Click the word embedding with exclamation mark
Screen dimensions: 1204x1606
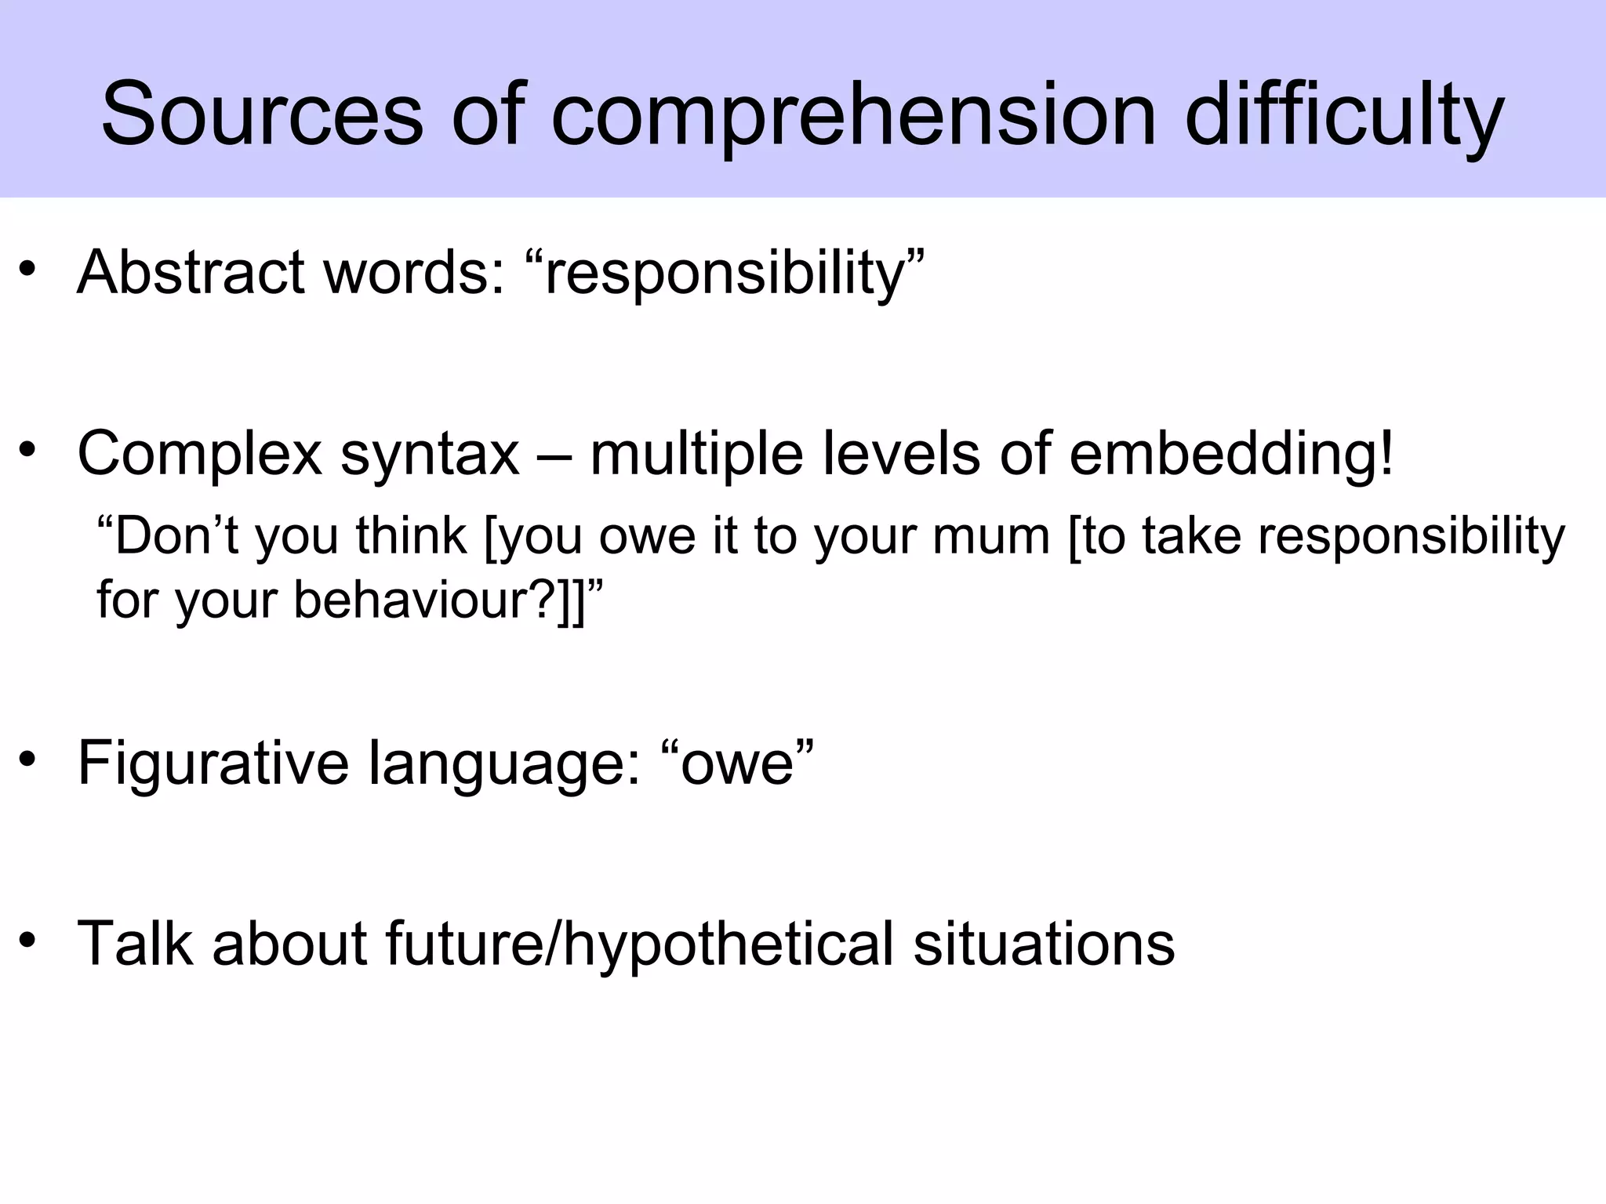pyautogui.click(x=1231, y=455)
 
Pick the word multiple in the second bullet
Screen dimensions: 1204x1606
pyautogui.click(x=696, y=455)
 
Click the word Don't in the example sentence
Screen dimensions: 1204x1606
pyautogui.click(x=165, y=537)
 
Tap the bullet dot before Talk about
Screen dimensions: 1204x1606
pyautogui.click(x=29, y=939)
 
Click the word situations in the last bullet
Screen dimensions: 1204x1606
pyautogui.click(x=1044, y=944)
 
